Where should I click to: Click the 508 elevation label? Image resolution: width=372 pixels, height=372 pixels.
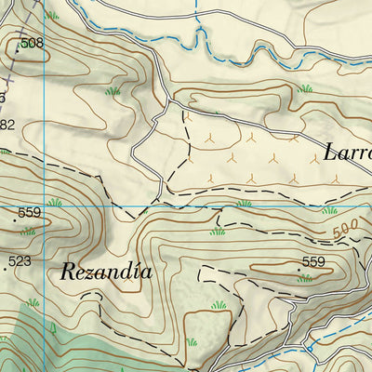[x=33, y=43]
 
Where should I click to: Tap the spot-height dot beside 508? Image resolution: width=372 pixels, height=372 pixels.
[x=17, y=48]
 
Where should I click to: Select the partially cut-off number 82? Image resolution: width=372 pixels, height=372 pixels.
[x=7, y=125]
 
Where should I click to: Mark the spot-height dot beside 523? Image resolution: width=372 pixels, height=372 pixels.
[x=6, y=268]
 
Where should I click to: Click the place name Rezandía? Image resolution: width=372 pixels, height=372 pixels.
[x=105, y=272]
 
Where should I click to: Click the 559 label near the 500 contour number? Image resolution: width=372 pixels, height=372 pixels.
[x=313, y=262]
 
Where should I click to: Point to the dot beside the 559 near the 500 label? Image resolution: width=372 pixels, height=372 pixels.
[x=298, y=269]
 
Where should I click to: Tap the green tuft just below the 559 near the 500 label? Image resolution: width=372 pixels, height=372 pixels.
[x=304, y=278]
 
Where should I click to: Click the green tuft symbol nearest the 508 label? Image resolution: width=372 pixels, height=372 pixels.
[x=52, y=16]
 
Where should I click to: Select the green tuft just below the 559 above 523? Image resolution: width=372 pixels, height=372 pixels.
[x=28, y=232]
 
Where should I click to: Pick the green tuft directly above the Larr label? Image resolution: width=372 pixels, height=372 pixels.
[x=305, y=89]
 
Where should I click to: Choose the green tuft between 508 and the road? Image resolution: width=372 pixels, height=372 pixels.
[x=113, y=91]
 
